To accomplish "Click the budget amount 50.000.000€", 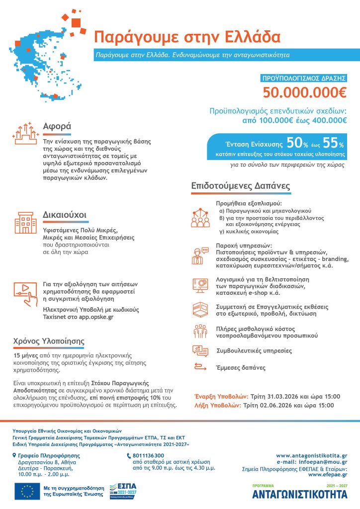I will point(304,93).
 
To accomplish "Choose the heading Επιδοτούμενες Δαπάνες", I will point(241,186).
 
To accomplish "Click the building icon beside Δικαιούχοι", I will point(23,223).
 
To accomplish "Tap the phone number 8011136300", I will point(149,455).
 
